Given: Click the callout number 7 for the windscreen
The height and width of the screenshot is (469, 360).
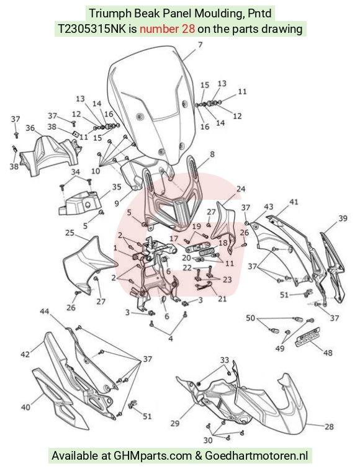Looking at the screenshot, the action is (x=200, y=45).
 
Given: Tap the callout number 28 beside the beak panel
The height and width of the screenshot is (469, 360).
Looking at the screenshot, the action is (x=329, y=426).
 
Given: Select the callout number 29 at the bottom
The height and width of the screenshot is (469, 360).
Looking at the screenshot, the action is (x=175, y=423).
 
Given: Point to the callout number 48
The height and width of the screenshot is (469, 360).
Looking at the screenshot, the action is (x=328, y=352).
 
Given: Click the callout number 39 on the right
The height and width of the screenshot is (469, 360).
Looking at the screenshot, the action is (x=343, y=218).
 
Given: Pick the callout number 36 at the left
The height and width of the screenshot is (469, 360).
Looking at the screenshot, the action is (x=30, y=128).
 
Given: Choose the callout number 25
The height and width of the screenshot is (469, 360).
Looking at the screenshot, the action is (x=70, y=233).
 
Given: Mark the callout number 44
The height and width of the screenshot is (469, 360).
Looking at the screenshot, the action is (x=45, y=311).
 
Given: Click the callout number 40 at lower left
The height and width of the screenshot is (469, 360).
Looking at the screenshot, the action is (x=25, y=407).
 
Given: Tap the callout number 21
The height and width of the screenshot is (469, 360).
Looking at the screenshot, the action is (x=222, y=298).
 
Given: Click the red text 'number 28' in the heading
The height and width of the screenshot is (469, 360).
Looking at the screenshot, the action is (x=168, y=29).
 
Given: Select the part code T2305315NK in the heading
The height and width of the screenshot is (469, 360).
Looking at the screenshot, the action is (x=92, y=29).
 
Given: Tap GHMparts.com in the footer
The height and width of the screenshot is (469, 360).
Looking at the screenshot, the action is (x=153, y=456).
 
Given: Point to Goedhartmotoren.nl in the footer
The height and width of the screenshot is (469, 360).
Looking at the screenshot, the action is (x=256, y=456).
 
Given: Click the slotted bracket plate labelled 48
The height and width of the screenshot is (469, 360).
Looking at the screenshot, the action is (x=308, y=337).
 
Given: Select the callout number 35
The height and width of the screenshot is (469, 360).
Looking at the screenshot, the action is (x=117, y=187).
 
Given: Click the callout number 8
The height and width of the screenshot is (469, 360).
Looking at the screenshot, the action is (x=212, y=154).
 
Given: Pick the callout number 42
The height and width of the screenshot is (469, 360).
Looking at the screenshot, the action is (x=25, y=354).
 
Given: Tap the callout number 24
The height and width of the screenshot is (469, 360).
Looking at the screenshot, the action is (x=241, y=189).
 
